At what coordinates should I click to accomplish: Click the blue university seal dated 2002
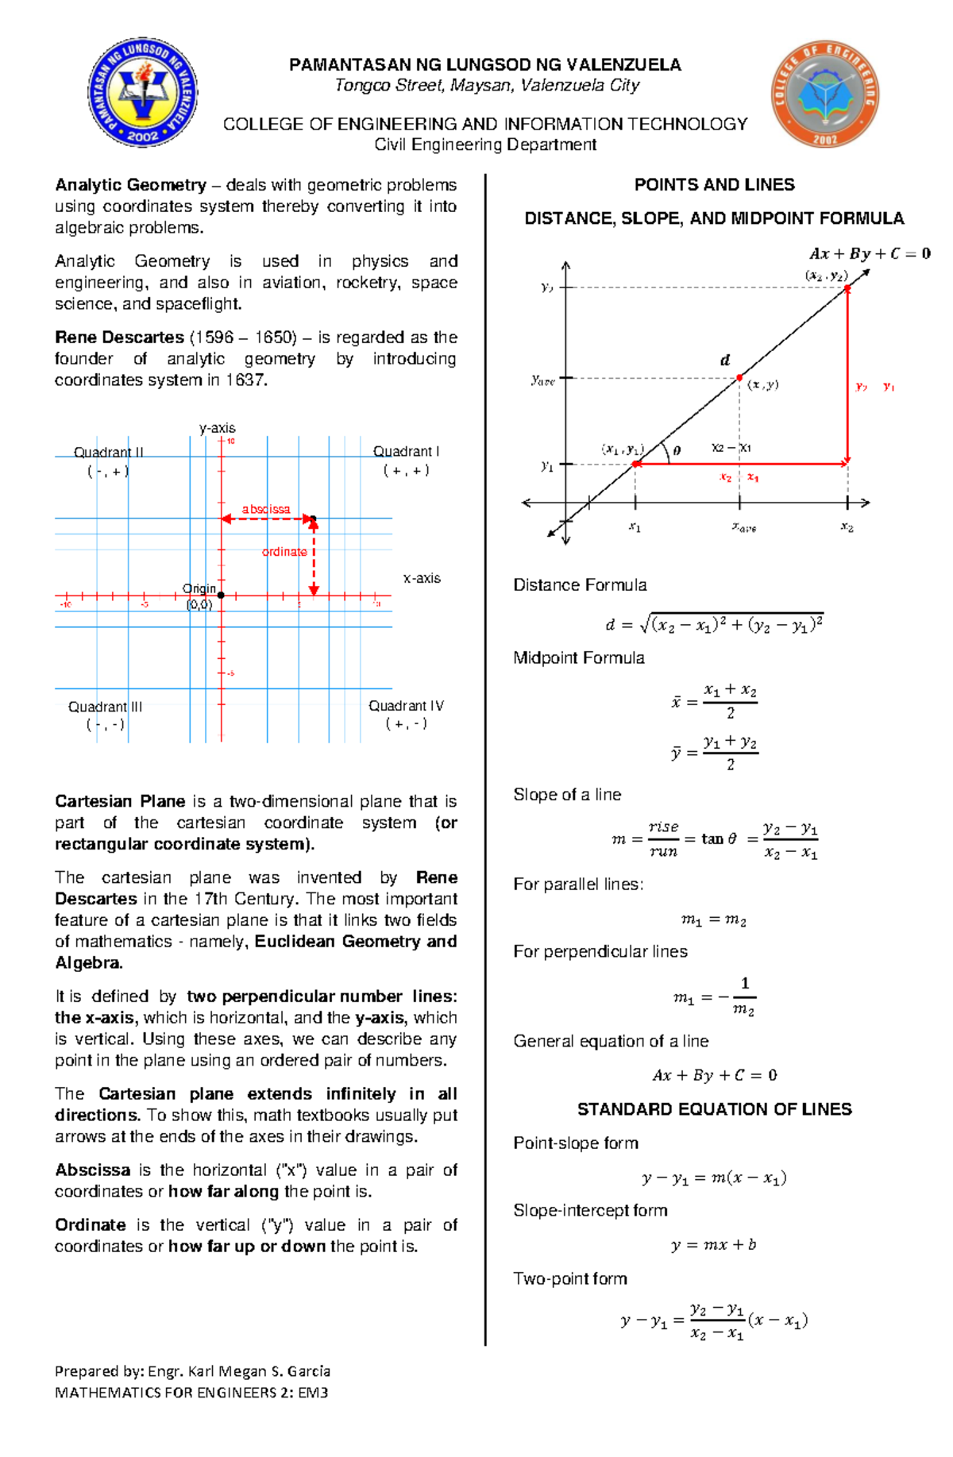[142, 93]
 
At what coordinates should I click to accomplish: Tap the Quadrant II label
[109, 453]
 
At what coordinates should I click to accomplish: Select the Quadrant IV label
[406, 706]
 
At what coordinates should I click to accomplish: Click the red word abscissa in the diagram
[266, 509]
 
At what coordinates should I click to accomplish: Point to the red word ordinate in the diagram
[284, 552]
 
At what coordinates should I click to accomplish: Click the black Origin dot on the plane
[221, 595]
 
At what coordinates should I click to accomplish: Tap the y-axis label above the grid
[217, 428]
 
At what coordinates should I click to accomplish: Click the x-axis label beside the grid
[422, 578]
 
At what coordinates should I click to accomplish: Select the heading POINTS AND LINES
[714, 185]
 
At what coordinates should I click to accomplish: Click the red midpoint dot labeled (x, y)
[739, 378]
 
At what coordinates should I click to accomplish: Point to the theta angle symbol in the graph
[677, 450]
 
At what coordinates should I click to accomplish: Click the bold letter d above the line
[724, 360]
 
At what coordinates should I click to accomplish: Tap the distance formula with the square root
[714, 624]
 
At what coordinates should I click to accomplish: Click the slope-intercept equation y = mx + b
[713, 1245]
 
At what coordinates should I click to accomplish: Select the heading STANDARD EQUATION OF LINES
[714, 1109]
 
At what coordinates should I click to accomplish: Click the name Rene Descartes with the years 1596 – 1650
[176, 337]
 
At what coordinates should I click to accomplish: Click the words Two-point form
[570, 1279]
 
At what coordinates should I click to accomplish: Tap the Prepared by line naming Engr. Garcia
[192, 1371]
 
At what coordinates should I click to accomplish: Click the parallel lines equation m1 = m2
[713, 919]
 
